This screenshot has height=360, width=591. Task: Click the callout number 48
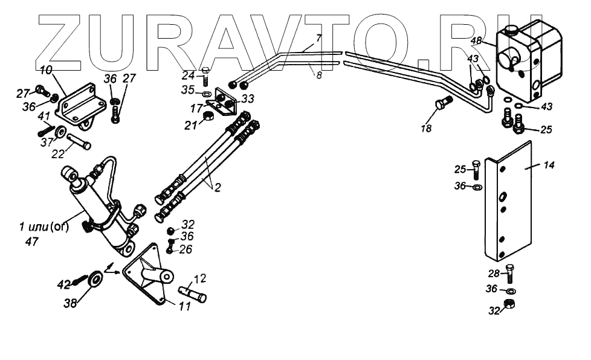[x=476, y=42]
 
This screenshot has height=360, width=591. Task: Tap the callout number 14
[x=531, y=165]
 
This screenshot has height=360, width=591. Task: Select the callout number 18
[x=427, y=128]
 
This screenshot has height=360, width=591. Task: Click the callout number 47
[x=32, y=242]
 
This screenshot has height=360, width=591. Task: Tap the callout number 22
[x=57, y=154]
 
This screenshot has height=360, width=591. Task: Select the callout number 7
[x=318, y=38]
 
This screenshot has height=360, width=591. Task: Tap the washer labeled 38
[x=95, y=280]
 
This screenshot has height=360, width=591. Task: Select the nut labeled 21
[x=207, y=116]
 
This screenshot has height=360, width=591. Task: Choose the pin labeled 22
[x=79, y=143]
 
